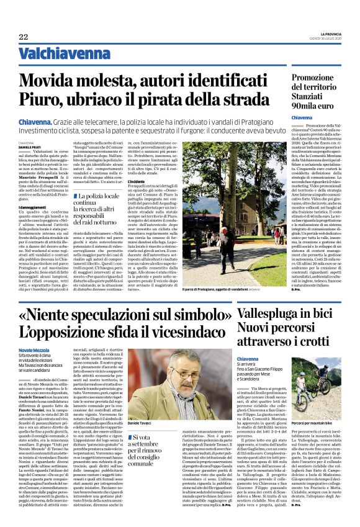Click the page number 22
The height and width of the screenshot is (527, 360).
pyautogui.click(x=24, y=37)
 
